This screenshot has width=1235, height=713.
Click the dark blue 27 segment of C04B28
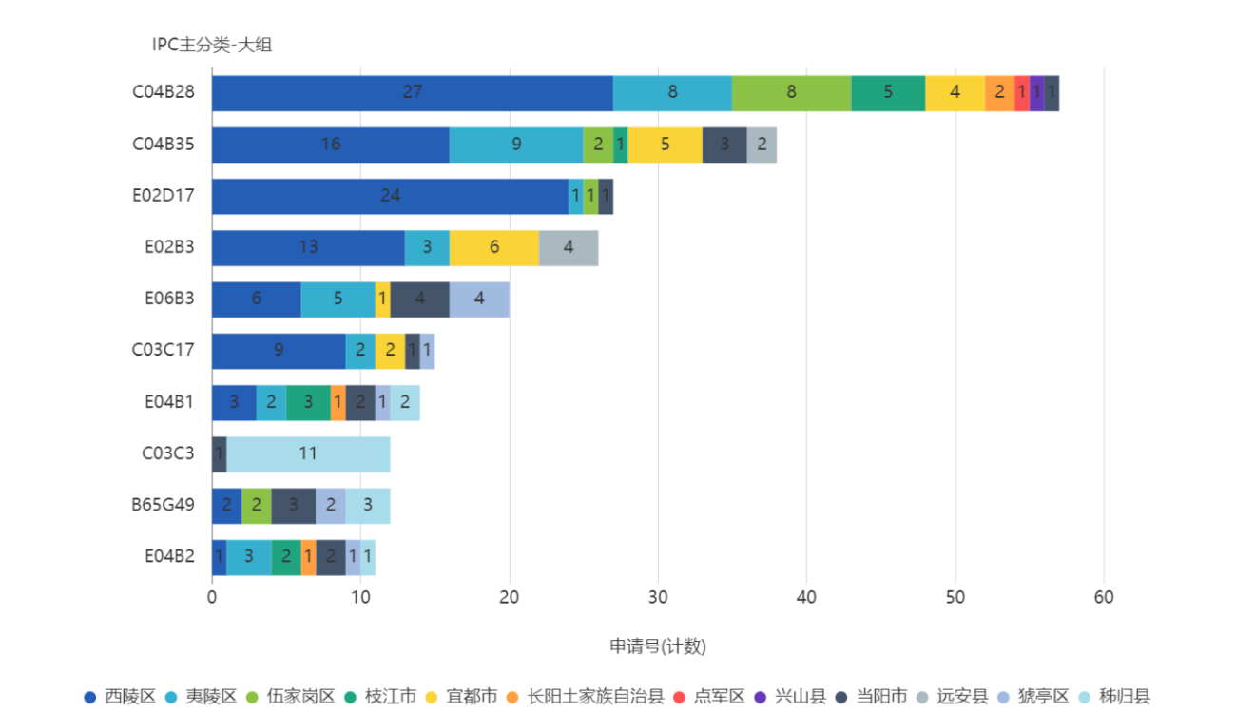(412, 92)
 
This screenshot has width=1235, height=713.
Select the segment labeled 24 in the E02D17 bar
(390, 196)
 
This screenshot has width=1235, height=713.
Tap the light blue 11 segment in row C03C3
(308, 453)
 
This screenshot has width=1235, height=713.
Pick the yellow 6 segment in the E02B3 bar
(493, 247)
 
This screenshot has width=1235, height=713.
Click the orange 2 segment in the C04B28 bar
(999, 92)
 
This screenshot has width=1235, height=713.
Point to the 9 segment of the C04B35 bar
(516, 145)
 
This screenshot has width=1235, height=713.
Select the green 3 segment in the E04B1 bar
(308, 402)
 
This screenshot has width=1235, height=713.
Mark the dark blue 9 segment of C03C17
(279, 350)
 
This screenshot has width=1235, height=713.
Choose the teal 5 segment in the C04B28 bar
(888, 92)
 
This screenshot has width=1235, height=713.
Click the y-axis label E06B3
(169, 299)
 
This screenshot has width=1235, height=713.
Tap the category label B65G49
(163, 505)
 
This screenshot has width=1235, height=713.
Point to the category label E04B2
(169, 556)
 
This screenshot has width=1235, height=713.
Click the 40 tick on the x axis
(806, 597)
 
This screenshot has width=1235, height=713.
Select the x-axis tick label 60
(1103, 597)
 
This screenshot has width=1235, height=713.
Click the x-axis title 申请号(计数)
(657, 646)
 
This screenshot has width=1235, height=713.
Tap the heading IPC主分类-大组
(211, 45)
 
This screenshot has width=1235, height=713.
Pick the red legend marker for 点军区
(678, 697)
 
